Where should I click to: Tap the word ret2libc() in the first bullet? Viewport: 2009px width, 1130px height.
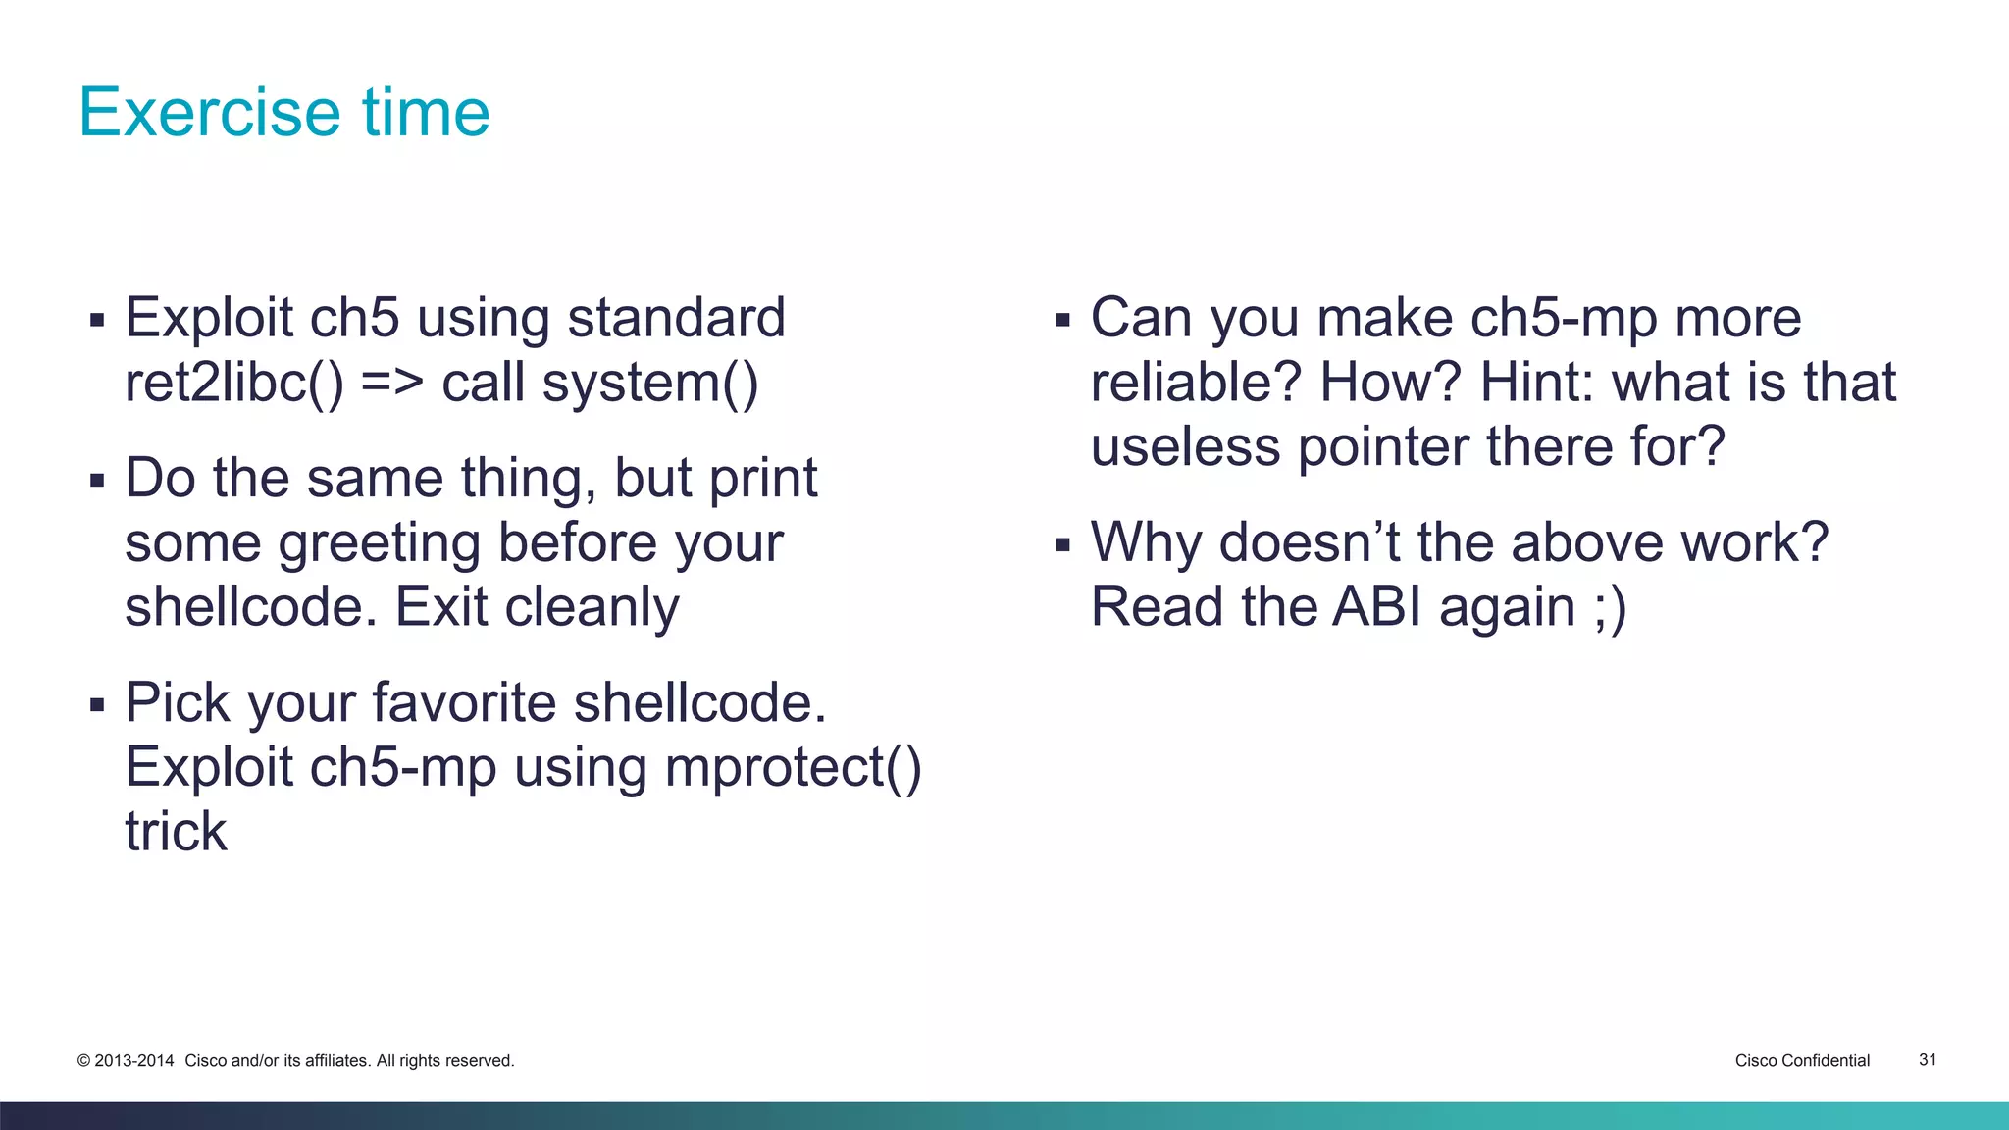(x=233, y=383)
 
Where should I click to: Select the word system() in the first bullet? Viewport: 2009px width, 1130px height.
(x=649, y=383)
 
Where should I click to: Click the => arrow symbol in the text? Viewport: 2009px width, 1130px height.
(x=391, y=383)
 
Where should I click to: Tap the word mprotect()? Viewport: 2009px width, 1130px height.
(x=793, y=767)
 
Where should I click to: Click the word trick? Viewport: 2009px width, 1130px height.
(x=176, y=832)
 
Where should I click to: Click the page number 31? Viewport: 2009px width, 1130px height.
(x=1927, y=1060)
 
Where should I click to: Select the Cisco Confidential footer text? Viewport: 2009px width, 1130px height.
(x=1801, y=1061)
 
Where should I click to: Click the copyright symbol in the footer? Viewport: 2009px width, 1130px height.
(x=83, y=1061)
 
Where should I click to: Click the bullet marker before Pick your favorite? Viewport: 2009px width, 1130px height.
(x=96, y=704)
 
